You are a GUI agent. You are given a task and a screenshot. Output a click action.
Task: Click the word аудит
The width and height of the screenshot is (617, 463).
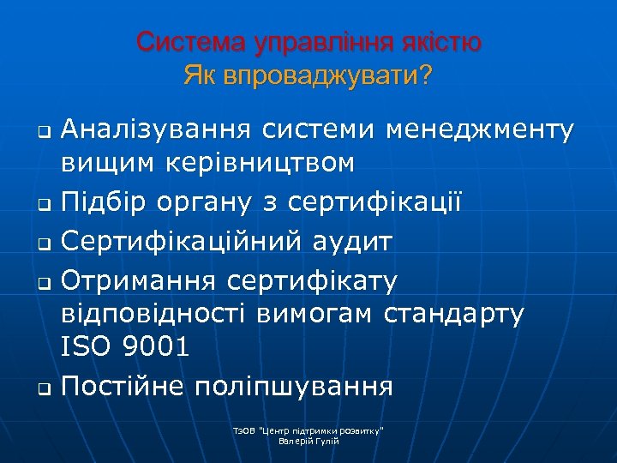pos(351,242)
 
